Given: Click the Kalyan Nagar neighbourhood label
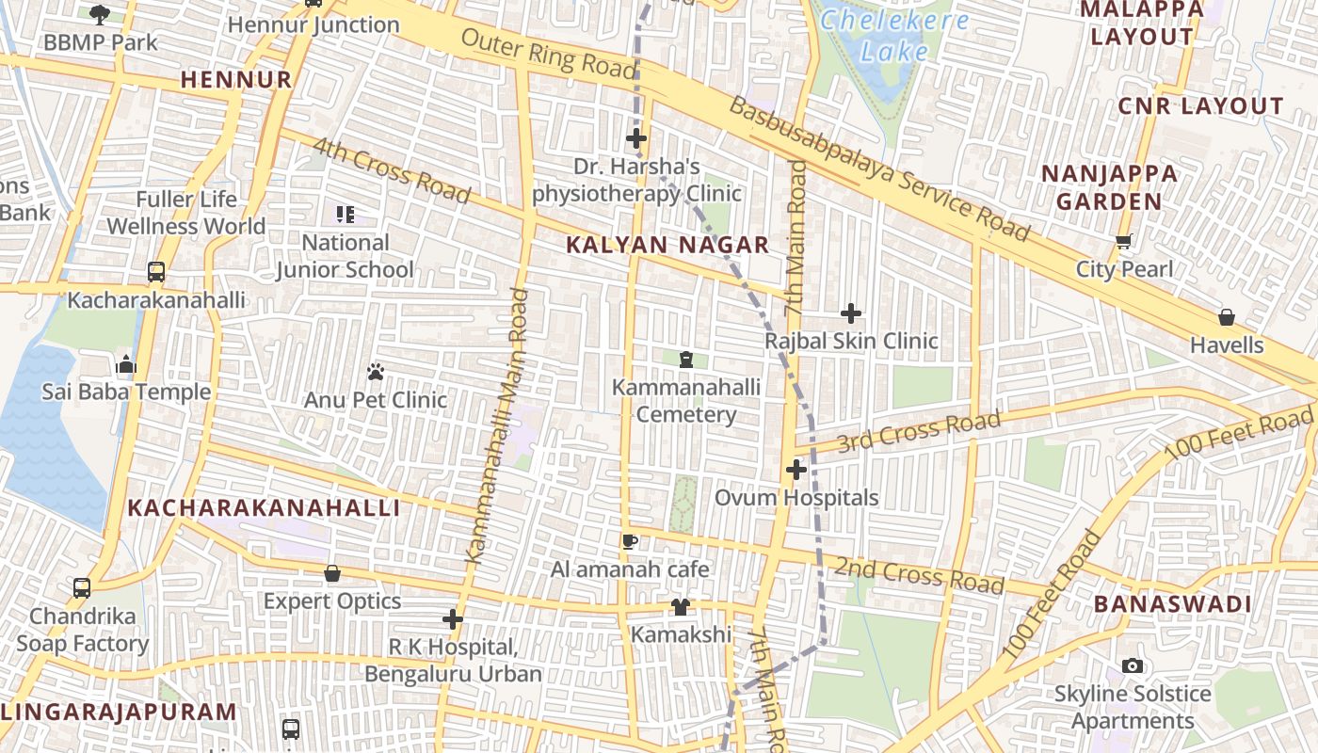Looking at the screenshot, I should coord(667,246).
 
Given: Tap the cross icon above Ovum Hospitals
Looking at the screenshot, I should coord(796,469).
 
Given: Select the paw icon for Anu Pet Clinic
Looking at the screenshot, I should coord(376,372).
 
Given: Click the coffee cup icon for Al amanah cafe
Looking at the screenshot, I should coord(630,541).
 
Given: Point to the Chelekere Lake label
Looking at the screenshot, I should coord(894,36).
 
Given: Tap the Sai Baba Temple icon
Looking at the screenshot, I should coord(126,364).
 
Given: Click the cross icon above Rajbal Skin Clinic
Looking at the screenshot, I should coord(851,313).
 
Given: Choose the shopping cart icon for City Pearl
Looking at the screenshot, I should coord(1123,242).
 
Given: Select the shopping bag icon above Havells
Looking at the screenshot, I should coord(1226,317).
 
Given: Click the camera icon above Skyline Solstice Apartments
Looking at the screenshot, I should coord(1133,666).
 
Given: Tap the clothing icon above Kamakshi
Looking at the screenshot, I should coord(680,607).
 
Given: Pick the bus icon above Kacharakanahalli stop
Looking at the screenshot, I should coord(156,272).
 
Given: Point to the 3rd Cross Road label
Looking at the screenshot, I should coord(918,432).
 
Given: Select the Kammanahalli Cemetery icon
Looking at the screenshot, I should coord(685,359).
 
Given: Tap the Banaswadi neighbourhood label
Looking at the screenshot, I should coord(1172,604).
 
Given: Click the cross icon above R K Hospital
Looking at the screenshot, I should coord(453,619).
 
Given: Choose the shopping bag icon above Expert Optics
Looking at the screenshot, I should coord(331,573).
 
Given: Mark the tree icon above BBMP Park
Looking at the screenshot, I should coord(100,14).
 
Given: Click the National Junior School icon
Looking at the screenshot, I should coord(345,215).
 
